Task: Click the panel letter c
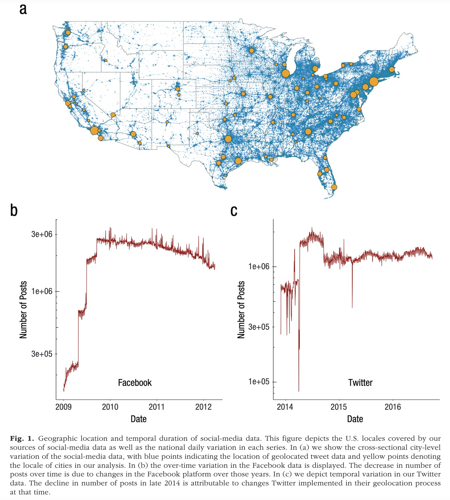click(x=234, y=211)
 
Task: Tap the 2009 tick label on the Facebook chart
click(x=64, y=407)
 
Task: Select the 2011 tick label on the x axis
click(x=157, y=407)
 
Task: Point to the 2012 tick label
click(x=203, y=407)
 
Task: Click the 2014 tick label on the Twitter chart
click(x=285, y=407)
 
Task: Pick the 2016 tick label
click(x=393, y=407)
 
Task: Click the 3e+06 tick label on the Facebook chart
click(x=42, y=234)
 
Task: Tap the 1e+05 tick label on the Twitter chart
click(x=259, y=382)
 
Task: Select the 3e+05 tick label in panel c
click(x=259, y=327)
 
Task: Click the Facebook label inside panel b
click(x=135, y=383)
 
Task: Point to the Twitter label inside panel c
click(x=360, y=383)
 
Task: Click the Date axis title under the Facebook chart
click(x=139, y=419)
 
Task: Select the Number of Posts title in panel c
click(x=241, y=310)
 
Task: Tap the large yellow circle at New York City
click(x=374, y=82)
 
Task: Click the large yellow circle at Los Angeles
click(x=94, y=131)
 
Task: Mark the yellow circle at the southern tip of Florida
click(x=334, y=187)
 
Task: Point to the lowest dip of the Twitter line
click(x=299, y=391)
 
